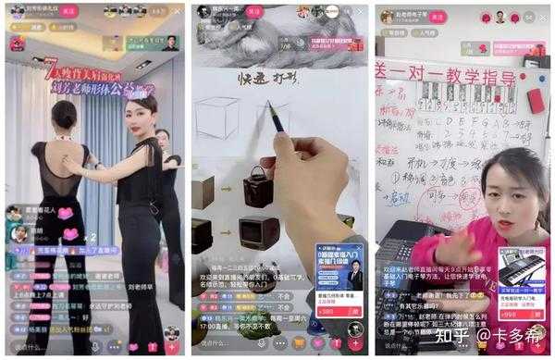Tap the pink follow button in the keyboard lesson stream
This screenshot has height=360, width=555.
(438, 17)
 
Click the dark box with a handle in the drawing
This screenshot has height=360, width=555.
(258, 185)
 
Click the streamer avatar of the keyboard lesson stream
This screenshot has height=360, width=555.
(387, 17)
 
